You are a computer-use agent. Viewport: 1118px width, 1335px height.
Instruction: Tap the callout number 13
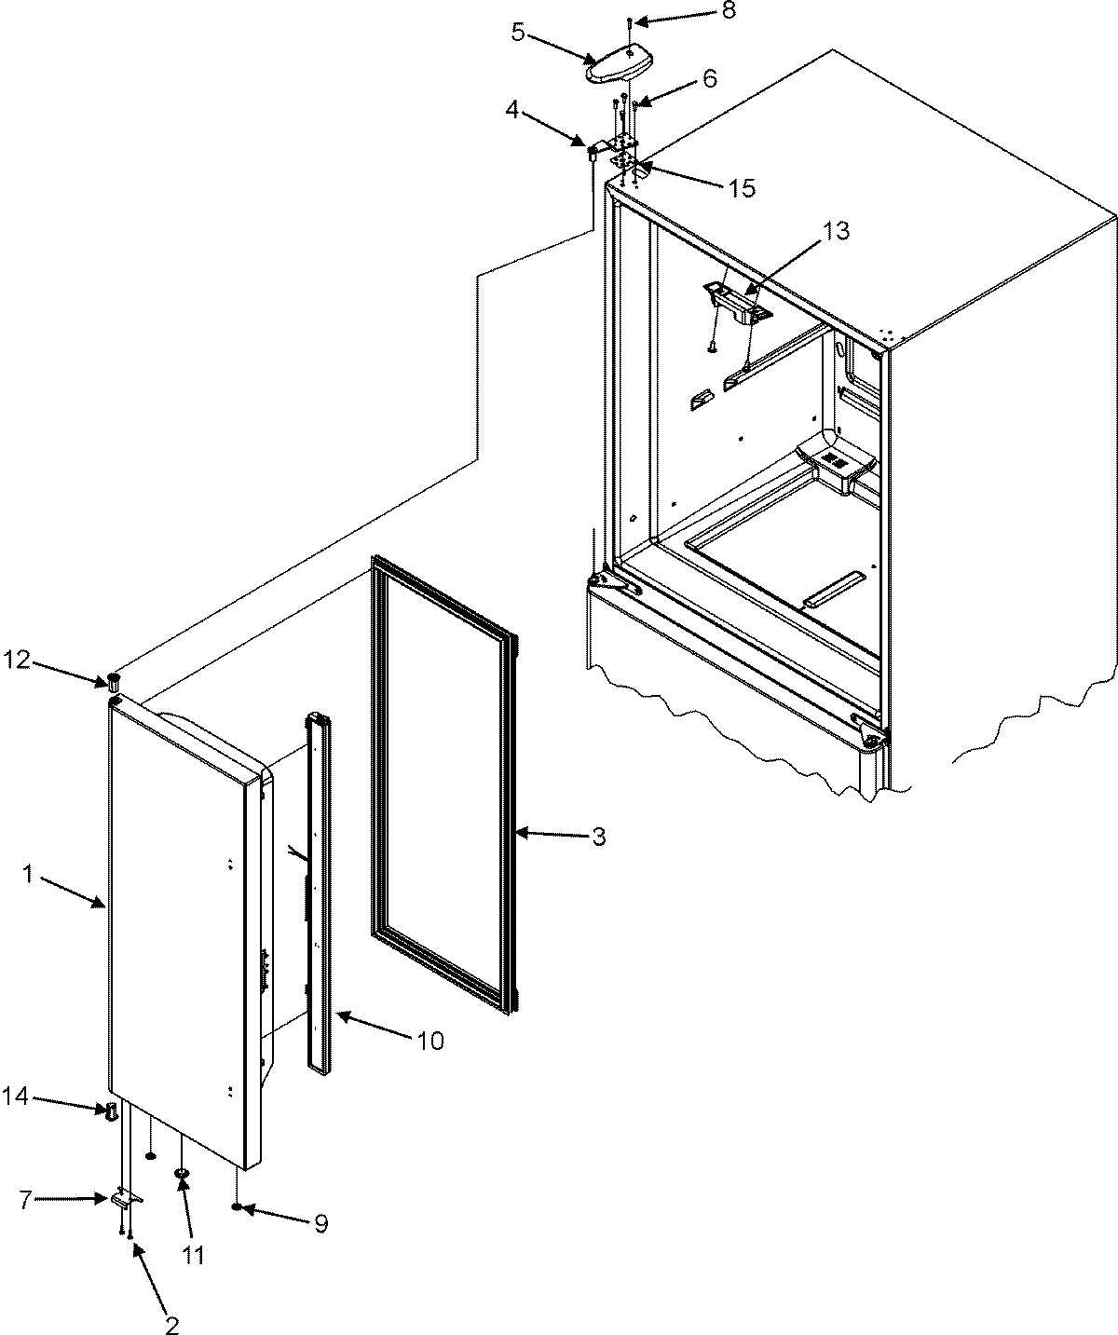836,232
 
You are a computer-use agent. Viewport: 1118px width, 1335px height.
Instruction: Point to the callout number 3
599,837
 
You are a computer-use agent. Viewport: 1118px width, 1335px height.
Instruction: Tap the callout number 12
17,661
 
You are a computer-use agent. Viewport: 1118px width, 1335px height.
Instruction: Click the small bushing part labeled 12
113,679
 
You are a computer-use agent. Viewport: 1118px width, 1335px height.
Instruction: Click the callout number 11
193,1256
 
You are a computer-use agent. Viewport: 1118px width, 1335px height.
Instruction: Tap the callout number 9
320,1223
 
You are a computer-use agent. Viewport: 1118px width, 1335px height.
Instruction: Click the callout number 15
742,188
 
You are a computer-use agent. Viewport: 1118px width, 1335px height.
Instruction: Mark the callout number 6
710,80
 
